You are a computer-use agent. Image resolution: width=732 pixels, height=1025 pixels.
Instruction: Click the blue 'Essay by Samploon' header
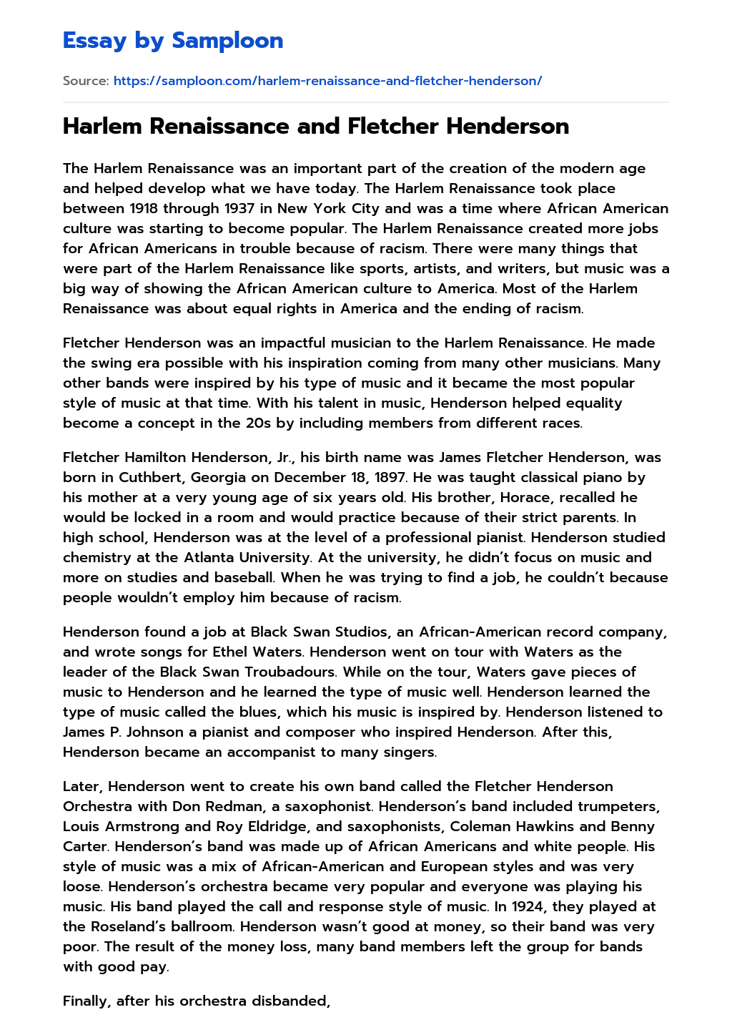pyautogui.click(x=173, y=41)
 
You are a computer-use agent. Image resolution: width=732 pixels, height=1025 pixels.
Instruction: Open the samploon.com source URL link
pyautogui.click(x=327, y=81)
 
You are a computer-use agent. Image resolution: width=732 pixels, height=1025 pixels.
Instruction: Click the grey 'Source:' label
pyautogui.click(x=86, y=81)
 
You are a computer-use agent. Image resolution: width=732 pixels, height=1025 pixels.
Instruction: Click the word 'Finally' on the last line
pyautogui.click(x=86, y=1001)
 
